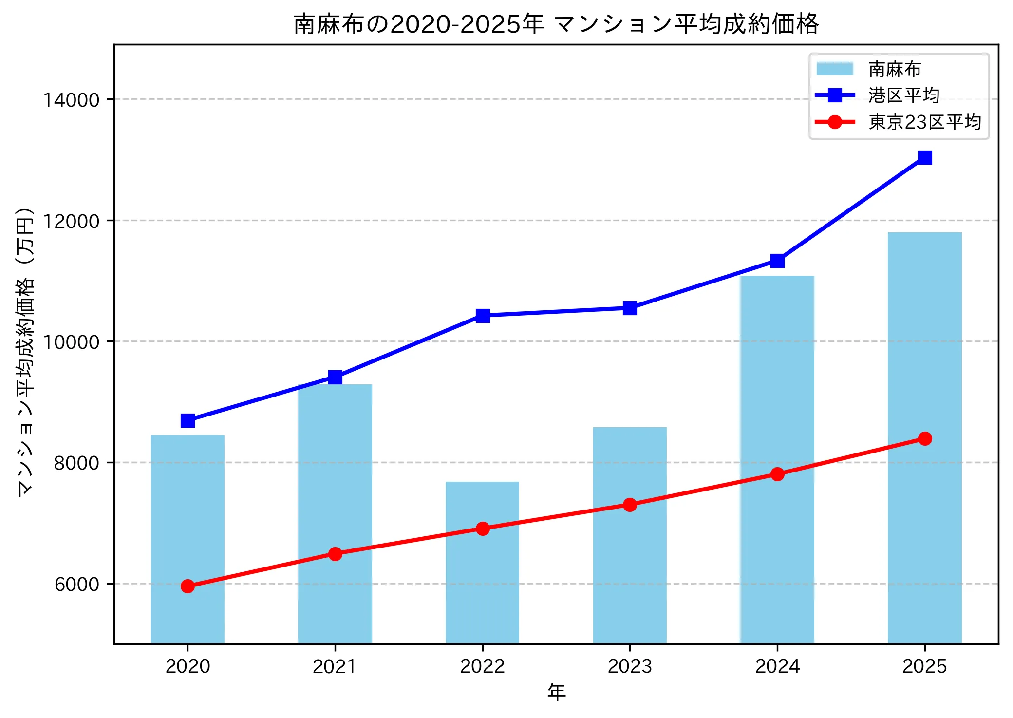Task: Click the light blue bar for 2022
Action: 482,585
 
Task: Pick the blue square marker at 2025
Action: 924,157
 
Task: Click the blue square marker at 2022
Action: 482,316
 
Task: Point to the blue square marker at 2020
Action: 188,420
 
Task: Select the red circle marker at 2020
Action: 188,586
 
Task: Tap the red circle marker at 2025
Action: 924,438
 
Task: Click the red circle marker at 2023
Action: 630,505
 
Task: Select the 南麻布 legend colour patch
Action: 835,69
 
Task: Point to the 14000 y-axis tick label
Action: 71,100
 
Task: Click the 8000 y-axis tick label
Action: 76,463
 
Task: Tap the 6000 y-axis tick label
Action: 76,584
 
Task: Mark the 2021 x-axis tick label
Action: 335,666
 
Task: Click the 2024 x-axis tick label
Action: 777,666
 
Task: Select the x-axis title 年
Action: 556,692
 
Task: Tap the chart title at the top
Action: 556,23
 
